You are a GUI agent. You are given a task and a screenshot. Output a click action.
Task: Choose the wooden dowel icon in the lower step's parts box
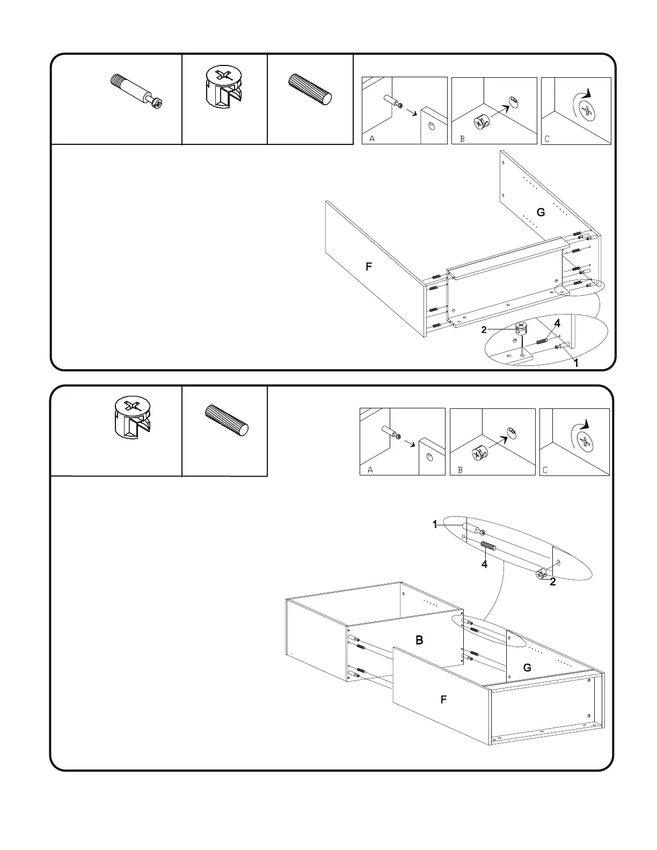click(x=228, y=420)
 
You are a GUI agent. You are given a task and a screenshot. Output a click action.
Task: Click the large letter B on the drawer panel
click(x=419, y=640)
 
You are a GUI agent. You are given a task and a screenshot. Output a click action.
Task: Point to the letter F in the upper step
click(x=369, y=267)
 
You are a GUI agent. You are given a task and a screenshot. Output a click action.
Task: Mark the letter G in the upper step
click(x=541, y=213)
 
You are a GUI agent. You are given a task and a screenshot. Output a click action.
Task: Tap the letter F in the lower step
click(x=443, y=700)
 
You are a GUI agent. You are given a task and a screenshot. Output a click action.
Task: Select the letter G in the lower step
click(x=527, y=668)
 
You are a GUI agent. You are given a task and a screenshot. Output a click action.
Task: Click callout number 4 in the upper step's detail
click(x=557, y=324)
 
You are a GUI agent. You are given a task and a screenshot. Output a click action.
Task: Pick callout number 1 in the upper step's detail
click(x=576, y=363)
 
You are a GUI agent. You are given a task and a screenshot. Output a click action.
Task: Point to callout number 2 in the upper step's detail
click(x=484, y=329)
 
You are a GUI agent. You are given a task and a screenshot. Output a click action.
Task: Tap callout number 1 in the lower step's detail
click(x=435, y=525)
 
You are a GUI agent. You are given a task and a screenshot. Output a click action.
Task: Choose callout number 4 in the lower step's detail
click(x=484, y=564)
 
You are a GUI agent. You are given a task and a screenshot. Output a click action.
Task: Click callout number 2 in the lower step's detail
click(x=552, y=582)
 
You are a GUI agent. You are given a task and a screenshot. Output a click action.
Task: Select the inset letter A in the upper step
click(x=371, y=139)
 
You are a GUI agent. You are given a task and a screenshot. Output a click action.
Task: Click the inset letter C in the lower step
click(x=545, y=470)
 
